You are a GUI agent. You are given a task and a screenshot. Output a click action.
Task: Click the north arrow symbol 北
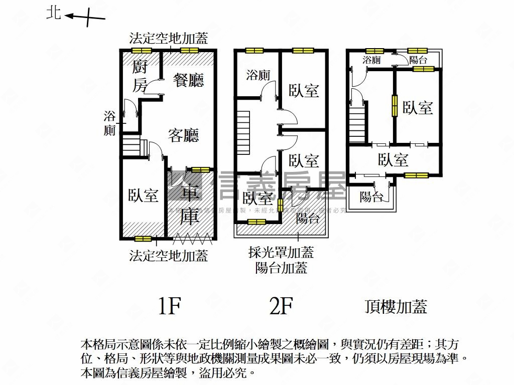53,13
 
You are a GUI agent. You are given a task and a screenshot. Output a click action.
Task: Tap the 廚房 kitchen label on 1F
140,76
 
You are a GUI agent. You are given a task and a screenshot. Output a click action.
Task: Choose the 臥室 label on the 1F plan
143,195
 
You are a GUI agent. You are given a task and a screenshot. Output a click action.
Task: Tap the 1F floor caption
169,306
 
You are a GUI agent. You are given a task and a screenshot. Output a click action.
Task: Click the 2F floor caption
281,306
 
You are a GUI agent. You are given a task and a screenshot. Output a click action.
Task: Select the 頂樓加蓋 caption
396,306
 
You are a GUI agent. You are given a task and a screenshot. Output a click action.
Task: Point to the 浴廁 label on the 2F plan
258,76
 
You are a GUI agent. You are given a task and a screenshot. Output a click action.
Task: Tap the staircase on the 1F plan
132,146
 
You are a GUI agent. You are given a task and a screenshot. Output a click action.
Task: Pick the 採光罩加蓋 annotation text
281,252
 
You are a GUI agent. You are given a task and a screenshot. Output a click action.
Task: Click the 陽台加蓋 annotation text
281,268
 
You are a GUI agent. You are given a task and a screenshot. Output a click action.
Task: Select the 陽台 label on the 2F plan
308,218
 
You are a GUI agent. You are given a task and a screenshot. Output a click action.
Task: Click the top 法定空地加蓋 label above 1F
168,38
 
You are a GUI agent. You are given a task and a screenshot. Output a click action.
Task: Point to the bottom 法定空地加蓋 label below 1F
168,256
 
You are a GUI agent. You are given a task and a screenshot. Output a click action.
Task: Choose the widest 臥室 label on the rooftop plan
393,160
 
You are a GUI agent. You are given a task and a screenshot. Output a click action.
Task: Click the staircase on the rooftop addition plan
357,122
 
